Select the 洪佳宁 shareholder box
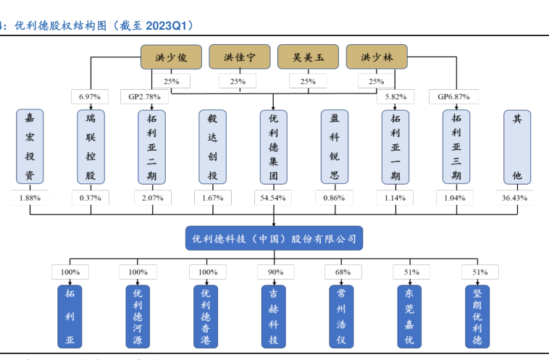click(239, 56)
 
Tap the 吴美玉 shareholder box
click(308, 56)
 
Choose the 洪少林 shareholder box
click(377, 56)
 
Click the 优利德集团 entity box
click(273, 146)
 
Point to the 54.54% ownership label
click(273, 197)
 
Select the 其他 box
click(516, 146)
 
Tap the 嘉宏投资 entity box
click(30, 146)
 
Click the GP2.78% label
click(145, 96)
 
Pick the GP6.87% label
click(454, 96)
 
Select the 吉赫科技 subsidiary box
click(273, 317)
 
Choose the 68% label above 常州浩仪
click(342, 272)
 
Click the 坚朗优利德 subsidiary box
click(477, 317)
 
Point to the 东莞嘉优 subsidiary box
click(408, 317)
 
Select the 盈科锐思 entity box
click(334, 146)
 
